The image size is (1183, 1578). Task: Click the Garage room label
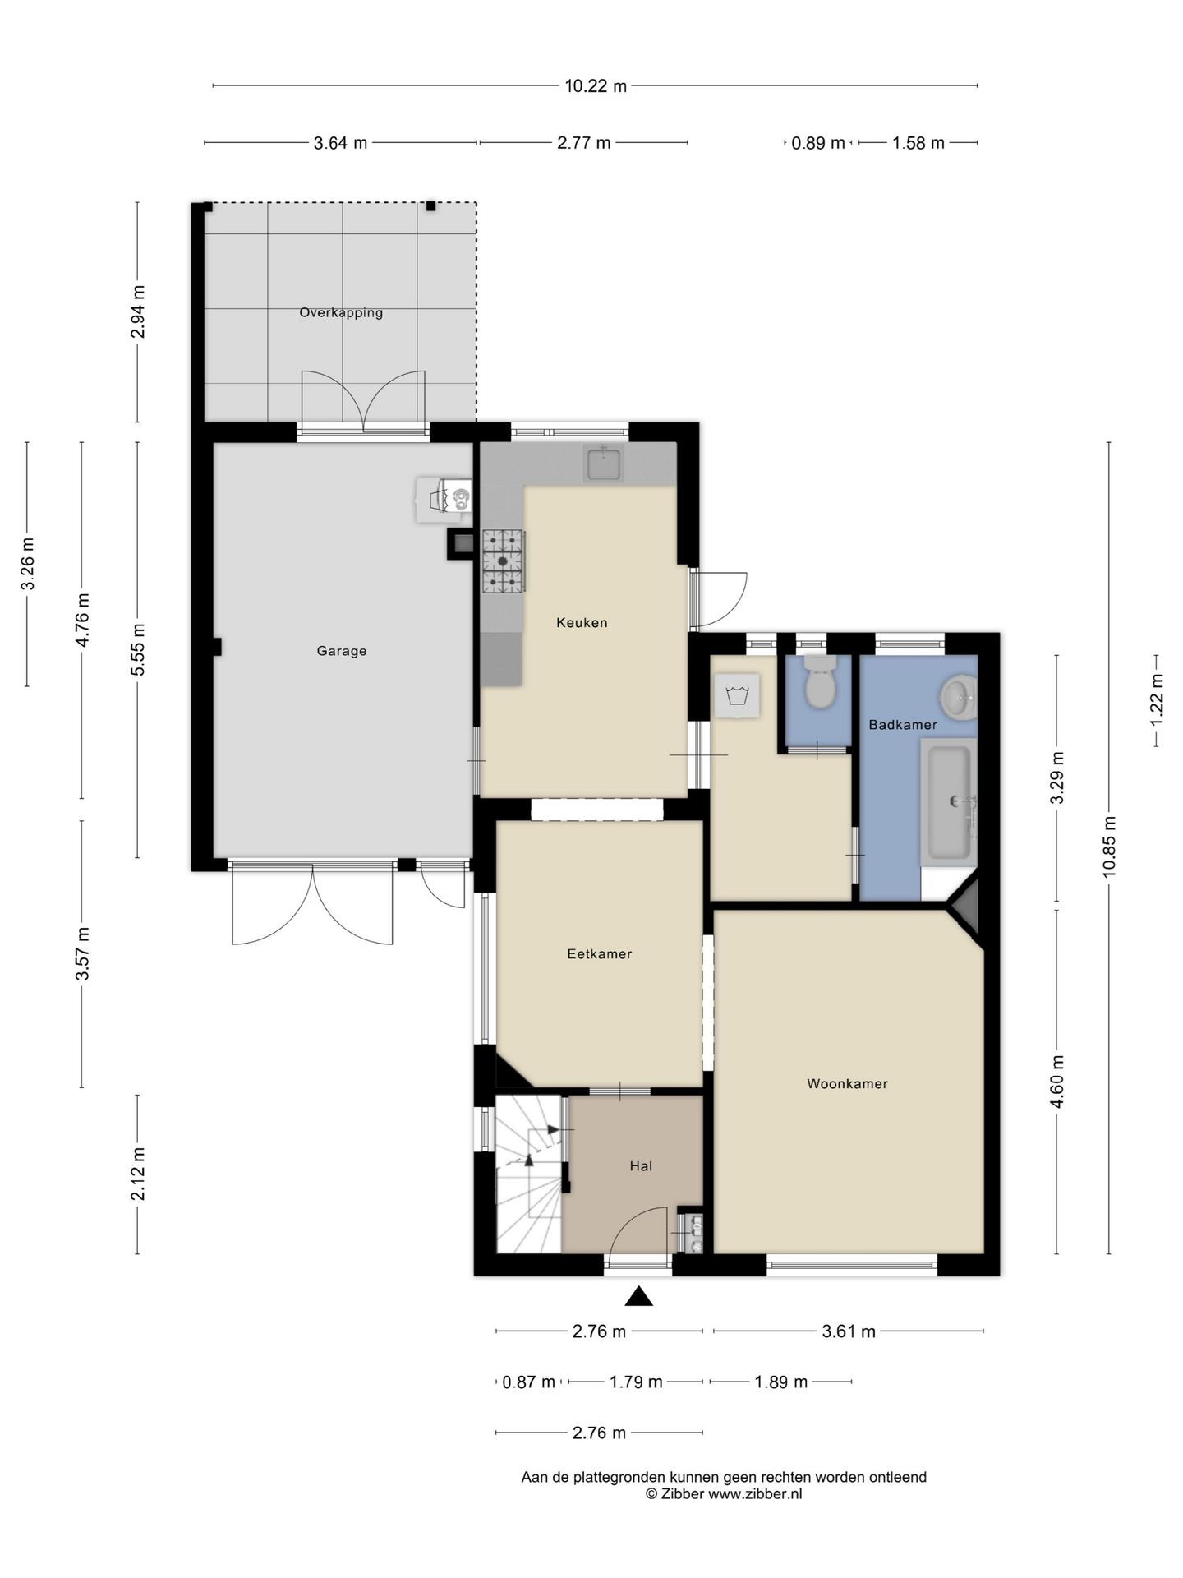click(342, 651)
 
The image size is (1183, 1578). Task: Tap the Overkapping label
click(341, 312)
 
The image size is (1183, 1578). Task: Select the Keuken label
click(582, 622)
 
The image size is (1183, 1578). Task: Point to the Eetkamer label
click(600, 953)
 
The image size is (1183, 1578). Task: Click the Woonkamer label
click(847, 1083)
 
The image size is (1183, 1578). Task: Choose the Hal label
click(641, 1165)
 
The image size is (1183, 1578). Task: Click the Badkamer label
click(903, 724)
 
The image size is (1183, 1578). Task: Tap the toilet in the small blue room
click(819, 681)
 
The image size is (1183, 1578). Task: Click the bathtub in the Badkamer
click(949, 801)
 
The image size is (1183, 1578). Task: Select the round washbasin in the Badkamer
click(958, 697)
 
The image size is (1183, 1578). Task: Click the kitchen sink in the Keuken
click(603, 463)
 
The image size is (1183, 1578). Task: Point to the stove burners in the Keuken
click(503, 561)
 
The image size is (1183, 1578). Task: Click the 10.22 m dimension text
click(596, 85)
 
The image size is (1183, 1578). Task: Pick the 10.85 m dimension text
click(1109, 847)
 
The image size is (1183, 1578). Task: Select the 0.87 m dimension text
click(529, 1382)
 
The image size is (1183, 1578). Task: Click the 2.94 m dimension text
click(137, 311)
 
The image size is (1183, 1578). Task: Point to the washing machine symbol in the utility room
click(737, 695)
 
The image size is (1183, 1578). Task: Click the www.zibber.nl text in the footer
click(755, 1494)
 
